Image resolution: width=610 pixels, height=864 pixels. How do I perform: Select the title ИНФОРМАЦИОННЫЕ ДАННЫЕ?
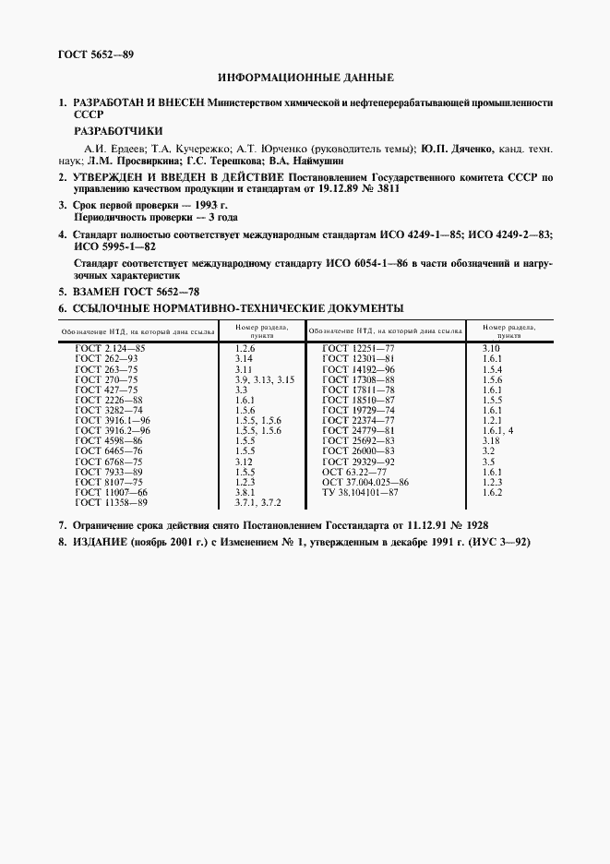[305, 78]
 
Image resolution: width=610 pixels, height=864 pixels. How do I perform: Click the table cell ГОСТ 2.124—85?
[110, 347]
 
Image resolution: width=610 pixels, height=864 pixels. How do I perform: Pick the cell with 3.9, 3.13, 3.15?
[264, 380]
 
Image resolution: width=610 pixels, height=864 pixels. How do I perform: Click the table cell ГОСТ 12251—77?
[358, 347]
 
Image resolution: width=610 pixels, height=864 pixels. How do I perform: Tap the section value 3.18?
[491, 441]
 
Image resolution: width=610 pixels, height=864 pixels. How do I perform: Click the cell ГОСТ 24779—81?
[358, 430]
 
